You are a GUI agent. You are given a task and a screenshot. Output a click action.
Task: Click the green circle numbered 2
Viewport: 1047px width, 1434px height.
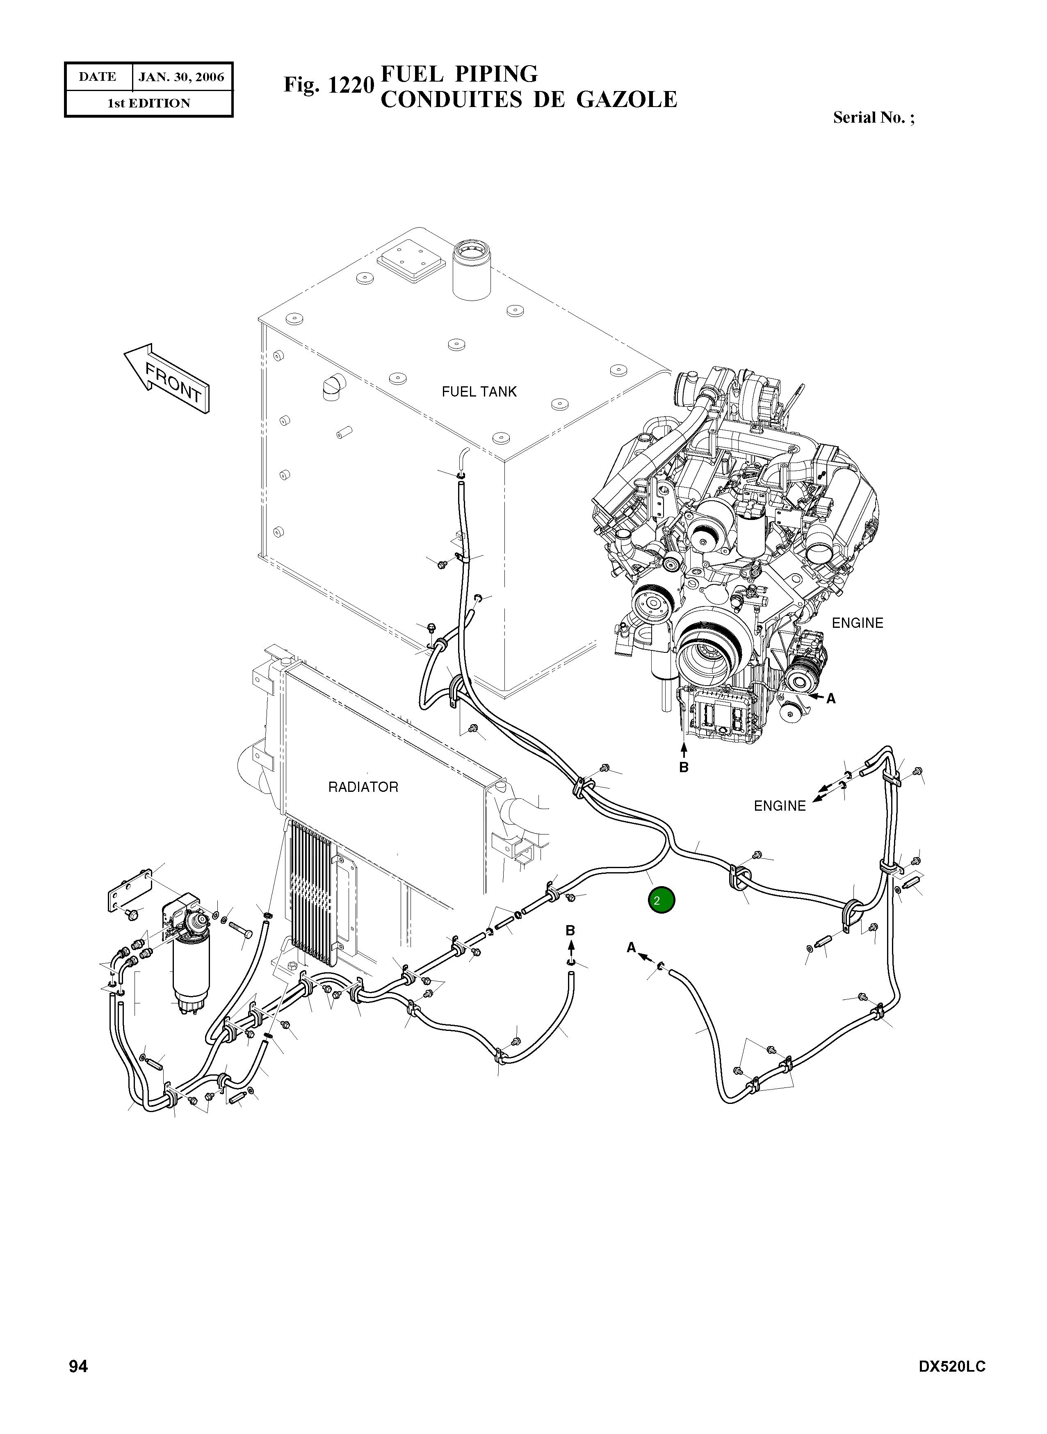[x=661, y=901]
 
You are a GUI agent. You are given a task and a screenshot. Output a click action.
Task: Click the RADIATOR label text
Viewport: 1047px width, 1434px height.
[x=363, y=787]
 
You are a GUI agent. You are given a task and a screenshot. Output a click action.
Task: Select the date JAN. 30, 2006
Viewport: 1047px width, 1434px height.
[x=181, y=78]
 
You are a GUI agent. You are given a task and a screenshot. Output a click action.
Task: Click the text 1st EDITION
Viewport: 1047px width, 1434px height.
[x=148, y=103]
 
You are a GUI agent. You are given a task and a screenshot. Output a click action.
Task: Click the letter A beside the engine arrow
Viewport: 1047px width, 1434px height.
[x=831, y=699]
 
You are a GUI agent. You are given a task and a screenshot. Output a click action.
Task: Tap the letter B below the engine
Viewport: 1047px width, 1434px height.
[x=683, y=767]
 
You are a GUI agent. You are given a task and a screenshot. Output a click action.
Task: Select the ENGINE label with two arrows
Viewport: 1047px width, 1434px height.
[x=780, y=806]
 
